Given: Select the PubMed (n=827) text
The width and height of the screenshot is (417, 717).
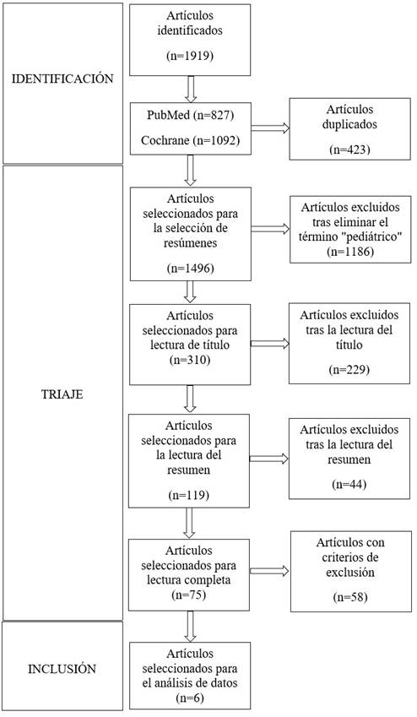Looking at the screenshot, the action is [190, 115].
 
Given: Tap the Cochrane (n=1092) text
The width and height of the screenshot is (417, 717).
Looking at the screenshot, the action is [190, 140].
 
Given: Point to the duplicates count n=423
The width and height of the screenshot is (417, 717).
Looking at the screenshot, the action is [349, 149].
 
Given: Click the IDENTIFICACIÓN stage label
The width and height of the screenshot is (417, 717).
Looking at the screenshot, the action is [62, 79].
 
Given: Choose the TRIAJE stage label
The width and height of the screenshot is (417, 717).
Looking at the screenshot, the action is [62, 394].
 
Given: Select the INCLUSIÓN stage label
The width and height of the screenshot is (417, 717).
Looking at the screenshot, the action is [62, 669].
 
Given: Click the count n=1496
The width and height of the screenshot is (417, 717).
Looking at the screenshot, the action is [190, 269].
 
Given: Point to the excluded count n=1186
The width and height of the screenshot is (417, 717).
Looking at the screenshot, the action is [350, 252].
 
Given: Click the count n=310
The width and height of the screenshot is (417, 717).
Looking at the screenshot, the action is [190, 360].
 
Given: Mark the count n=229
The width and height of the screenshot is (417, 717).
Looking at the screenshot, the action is [349, 369].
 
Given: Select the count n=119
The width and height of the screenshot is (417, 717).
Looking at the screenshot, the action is [189, 495].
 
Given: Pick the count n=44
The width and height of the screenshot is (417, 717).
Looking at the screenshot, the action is [349, 484].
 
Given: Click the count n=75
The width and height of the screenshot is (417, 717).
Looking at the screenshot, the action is [189, 595].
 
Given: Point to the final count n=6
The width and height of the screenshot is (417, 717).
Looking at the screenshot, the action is [190, 698].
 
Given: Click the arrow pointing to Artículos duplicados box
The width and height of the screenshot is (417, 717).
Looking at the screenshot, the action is [270, 128].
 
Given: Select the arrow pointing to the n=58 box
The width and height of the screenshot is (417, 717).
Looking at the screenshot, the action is [270, 571].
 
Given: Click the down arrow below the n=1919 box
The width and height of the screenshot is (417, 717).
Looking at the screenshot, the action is [191, 90].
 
